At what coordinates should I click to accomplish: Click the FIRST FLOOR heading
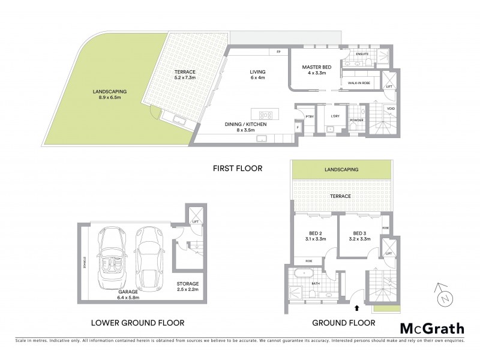[x=238, y=169]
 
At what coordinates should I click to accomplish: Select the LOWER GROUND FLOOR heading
[x=137, y=323]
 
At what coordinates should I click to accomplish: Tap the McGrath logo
[x=431, y=328]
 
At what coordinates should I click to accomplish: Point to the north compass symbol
[x=443, y=294]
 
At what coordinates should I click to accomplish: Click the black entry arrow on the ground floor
[x=357, y=308]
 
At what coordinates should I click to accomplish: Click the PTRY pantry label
[x=310, y=116]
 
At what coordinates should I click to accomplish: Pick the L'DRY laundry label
[x=335, y=116]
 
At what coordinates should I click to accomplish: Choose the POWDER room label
[x=357, y=119]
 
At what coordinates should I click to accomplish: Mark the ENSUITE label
[x=363, y=53]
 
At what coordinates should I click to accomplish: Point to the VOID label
[x=391, y=109]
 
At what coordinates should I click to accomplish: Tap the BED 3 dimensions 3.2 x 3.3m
[x=360, y=239]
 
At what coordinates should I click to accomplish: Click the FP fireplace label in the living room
[x=278, y=53]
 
